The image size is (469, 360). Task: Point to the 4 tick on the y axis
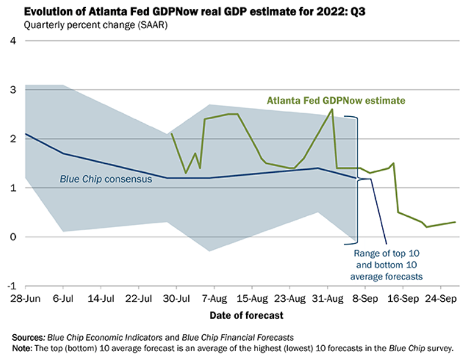click(12, 41)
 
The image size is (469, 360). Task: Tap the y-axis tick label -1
click(10, 286)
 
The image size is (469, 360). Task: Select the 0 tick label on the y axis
click(12, 237)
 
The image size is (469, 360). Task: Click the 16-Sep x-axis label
click(404, 298)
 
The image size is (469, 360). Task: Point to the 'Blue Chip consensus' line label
click(106, 179)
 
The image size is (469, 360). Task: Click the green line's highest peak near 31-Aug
click(332, 109)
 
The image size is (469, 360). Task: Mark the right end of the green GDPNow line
click(455, 222)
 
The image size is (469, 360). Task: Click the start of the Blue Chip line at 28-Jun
click(25, 134)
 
